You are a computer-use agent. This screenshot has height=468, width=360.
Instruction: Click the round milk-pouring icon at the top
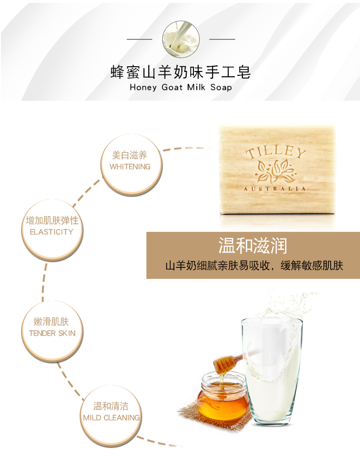(181, 39)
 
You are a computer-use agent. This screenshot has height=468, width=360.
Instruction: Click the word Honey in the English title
(144, 87)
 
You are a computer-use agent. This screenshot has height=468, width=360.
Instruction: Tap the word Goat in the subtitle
(172, 87)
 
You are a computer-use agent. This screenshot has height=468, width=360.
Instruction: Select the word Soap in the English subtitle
(221, 87)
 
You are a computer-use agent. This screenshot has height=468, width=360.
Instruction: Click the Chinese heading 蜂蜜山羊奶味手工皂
(180, 72)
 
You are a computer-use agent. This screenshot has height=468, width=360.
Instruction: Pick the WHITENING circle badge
(132, 165)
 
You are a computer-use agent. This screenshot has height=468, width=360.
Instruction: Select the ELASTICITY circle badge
(52, 230)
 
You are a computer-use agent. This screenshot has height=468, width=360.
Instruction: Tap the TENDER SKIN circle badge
(52, 331)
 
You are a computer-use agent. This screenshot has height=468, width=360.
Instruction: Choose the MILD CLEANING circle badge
(111, 416)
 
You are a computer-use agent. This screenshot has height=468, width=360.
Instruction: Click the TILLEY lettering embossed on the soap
(276, 152)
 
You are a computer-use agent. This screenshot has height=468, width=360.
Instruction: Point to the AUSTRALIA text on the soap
(275, 189)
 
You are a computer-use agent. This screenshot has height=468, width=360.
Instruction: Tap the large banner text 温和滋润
(252, 246)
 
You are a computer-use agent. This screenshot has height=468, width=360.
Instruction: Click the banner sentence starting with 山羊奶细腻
(254, 265)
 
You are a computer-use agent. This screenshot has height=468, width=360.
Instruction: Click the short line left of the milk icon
(139, 39)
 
